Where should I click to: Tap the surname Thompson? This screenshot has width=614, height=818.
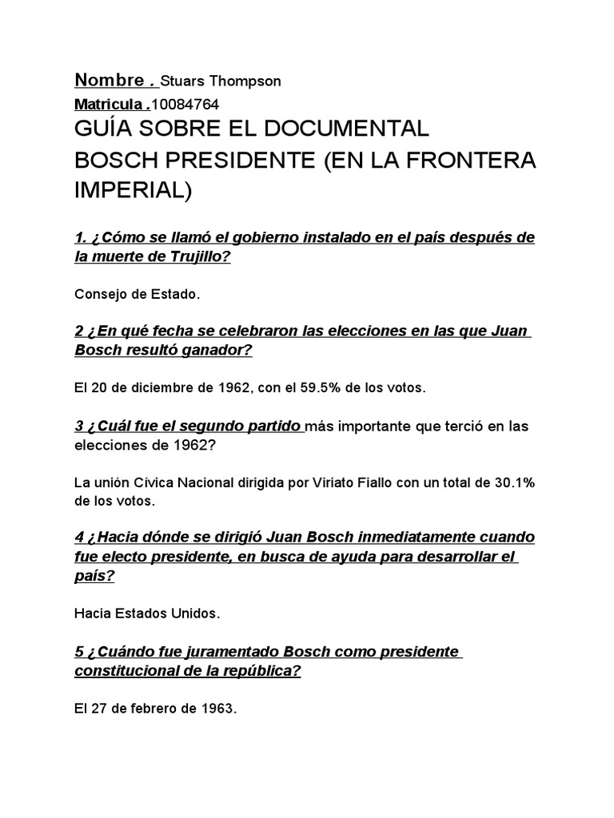click(245, 81)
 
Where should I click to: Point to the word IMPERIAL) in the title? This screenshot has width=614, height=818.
click(134, 192)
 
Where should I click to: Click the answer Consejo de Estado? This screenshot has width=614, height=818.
click(137, 294)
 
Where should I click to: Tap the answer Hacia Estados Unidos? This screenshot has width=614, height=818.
click(146, 613)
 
